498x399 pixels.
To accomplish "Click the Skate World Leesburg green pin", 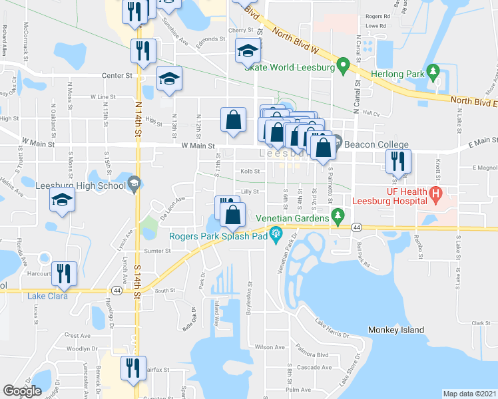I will coord(344,65).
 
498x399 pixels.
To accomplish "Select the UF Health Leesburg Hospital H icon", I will coord(436,195).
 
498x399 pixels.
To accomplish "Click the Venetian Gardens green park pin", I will coord(338,215).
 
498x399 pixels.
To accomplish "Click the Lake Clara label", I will coord(47,296).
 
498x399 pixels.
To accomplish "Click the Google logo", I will coord(22,392).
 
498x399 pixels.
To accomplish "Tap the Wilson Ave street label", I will coord(270,347).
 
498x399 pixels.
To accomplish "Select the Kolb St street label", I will coord(250,171).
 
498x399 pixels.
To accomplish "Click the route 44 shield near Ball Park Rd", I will coord(357,227).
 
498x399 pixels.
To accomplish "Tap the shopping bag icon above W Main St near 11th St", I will coord(233,120).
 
